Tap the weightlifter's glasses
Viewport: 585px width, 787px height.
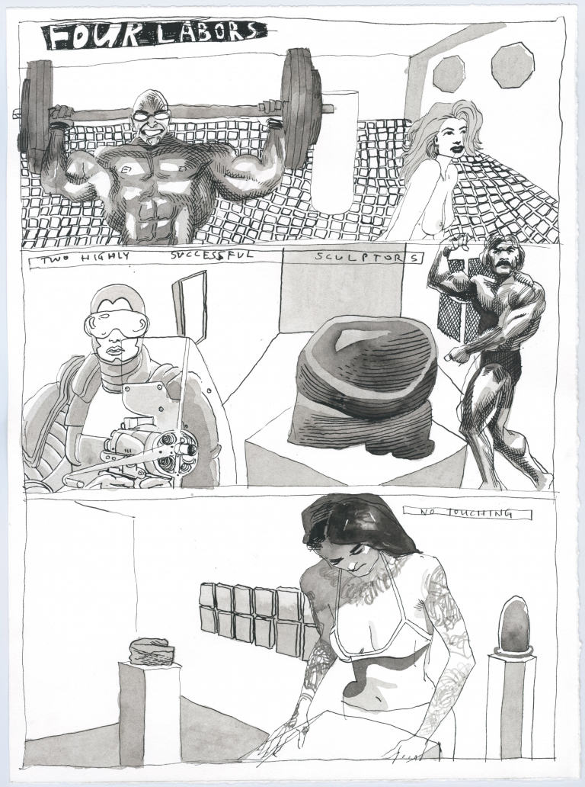click(149, 114)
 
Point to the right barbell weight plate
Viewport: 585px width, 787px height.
click(300, 108)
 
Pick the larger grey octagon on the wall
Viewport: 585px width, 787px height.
click(512, 65)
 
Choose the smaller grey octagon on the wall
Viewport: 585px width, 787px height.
click(449, 72)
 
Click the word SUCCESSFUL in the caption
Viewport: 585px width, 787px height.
click(213, 255)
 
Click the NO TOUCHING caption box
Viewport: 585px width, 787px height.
click(467, 513)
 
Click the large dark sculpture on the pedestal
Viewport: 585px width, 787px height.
click(365, 384)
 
